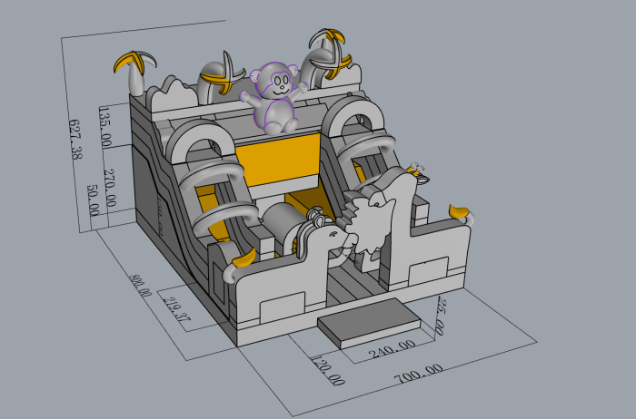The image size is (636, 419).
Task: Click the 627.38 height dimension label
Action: pos(75,140)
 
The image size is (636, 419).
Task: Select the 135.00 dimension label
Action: pos(104,127)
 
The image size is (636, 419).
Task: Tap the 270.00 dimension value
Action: pos(110,188)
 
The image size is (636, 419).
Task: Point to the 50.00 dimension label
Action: pos(93,200)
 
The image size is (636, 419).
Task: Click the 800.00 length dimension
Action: pos(140,286)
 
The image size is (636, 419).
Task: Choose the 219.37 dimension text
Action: pos(176,308)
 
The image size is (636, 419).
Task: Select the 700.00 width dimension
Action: pos(419,374)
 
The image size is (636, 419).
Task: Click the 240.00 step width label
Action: pos(393,349)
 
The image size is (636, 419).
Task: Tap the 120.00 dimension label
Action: pos(328,370)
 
